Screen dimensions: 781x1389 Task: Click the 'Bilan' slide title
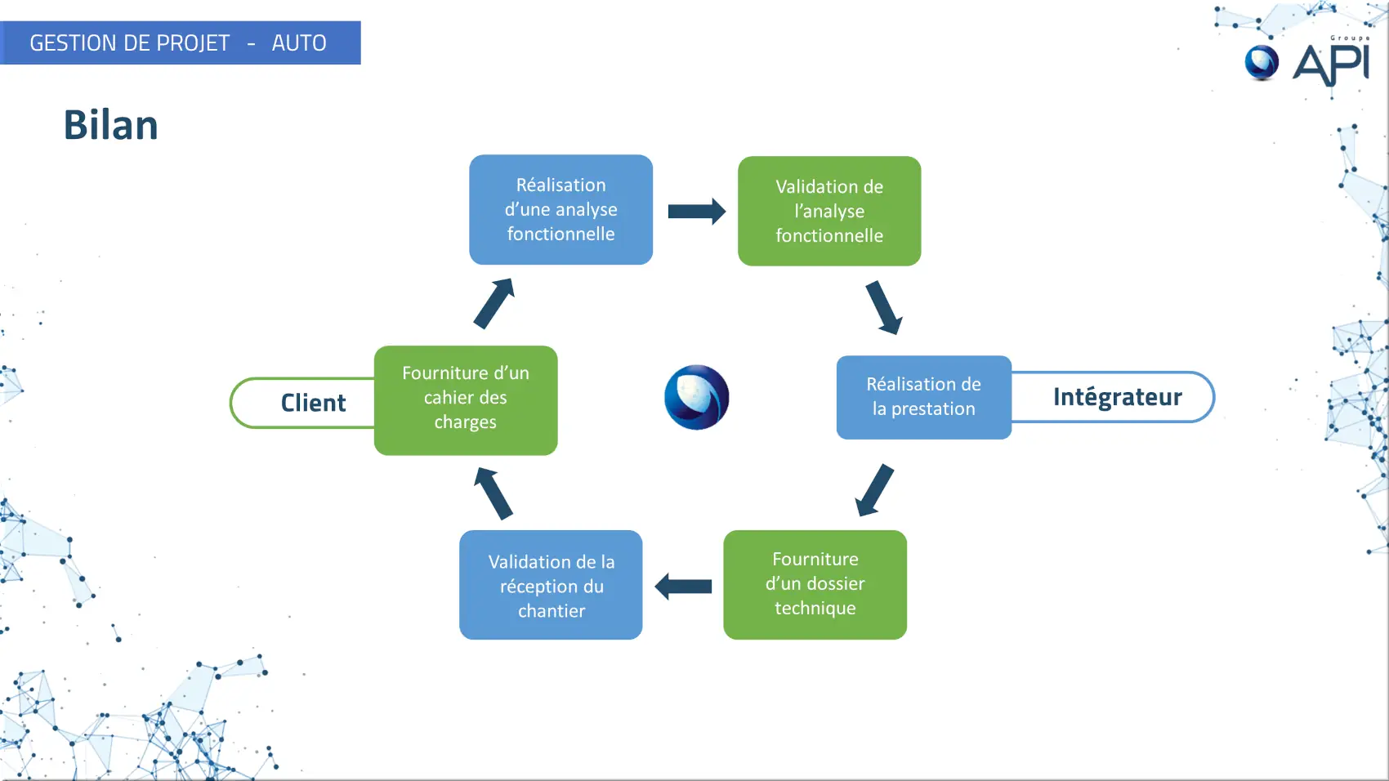[110, 126]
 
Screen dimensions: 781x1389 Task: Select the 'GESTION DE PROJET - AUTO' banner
[180, 43]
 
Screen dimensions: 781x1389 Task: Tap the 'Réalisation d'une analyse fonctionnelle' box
[561, 210]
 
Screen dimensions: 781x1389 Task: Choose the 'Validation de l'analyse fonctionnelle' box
[828, 212]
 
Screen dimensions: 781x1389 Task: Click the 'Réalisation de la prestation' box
[923, 397]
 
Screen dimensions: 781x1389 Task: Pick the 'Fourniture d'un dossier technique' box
[815, 584]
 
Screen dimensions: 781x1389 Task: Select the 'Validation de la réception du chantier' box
[551, 586]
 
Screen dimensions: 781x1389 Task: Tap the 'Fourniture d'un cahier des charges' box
[466, 399]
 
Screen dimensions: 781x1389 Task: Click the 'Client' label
[313, 403]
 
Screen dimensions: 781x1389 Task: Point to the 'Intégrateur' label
[1117, 397]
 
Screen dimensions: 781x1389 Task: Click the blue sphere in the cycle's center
[696, 397]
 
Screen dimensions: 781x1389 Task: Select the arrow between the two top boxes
[696, 212]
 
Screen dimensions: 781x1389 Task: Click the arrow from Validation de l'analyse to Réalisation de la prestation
[883, 307]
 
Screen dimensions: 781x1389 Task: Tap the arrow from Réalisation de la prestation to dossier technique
[874, 490]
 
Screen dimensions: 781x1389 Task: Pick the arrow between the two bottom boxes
[683, 586]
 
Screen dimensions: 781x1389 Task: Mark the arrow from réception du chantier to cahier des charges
[494, 493]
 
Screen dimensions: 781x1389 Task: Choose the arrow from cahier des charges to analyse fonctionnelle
[494, 303]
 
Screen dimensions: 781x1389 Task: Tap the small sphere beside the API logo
[1262, 63]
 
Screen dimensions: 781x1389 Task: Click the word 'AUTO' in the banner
[299, 43]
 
